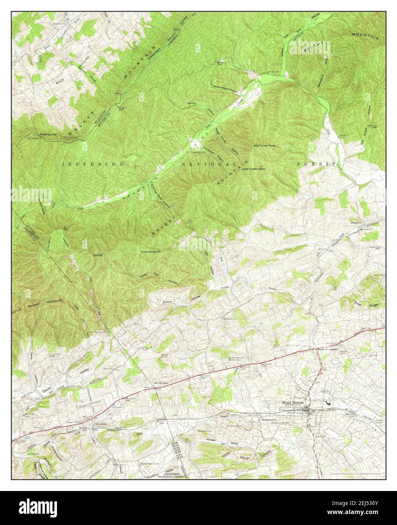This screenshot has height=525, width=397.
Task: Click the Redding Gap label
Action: click(x=49, y=134)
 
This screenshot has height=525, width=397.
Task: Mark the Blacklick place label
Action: click(x=357, y=222)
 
